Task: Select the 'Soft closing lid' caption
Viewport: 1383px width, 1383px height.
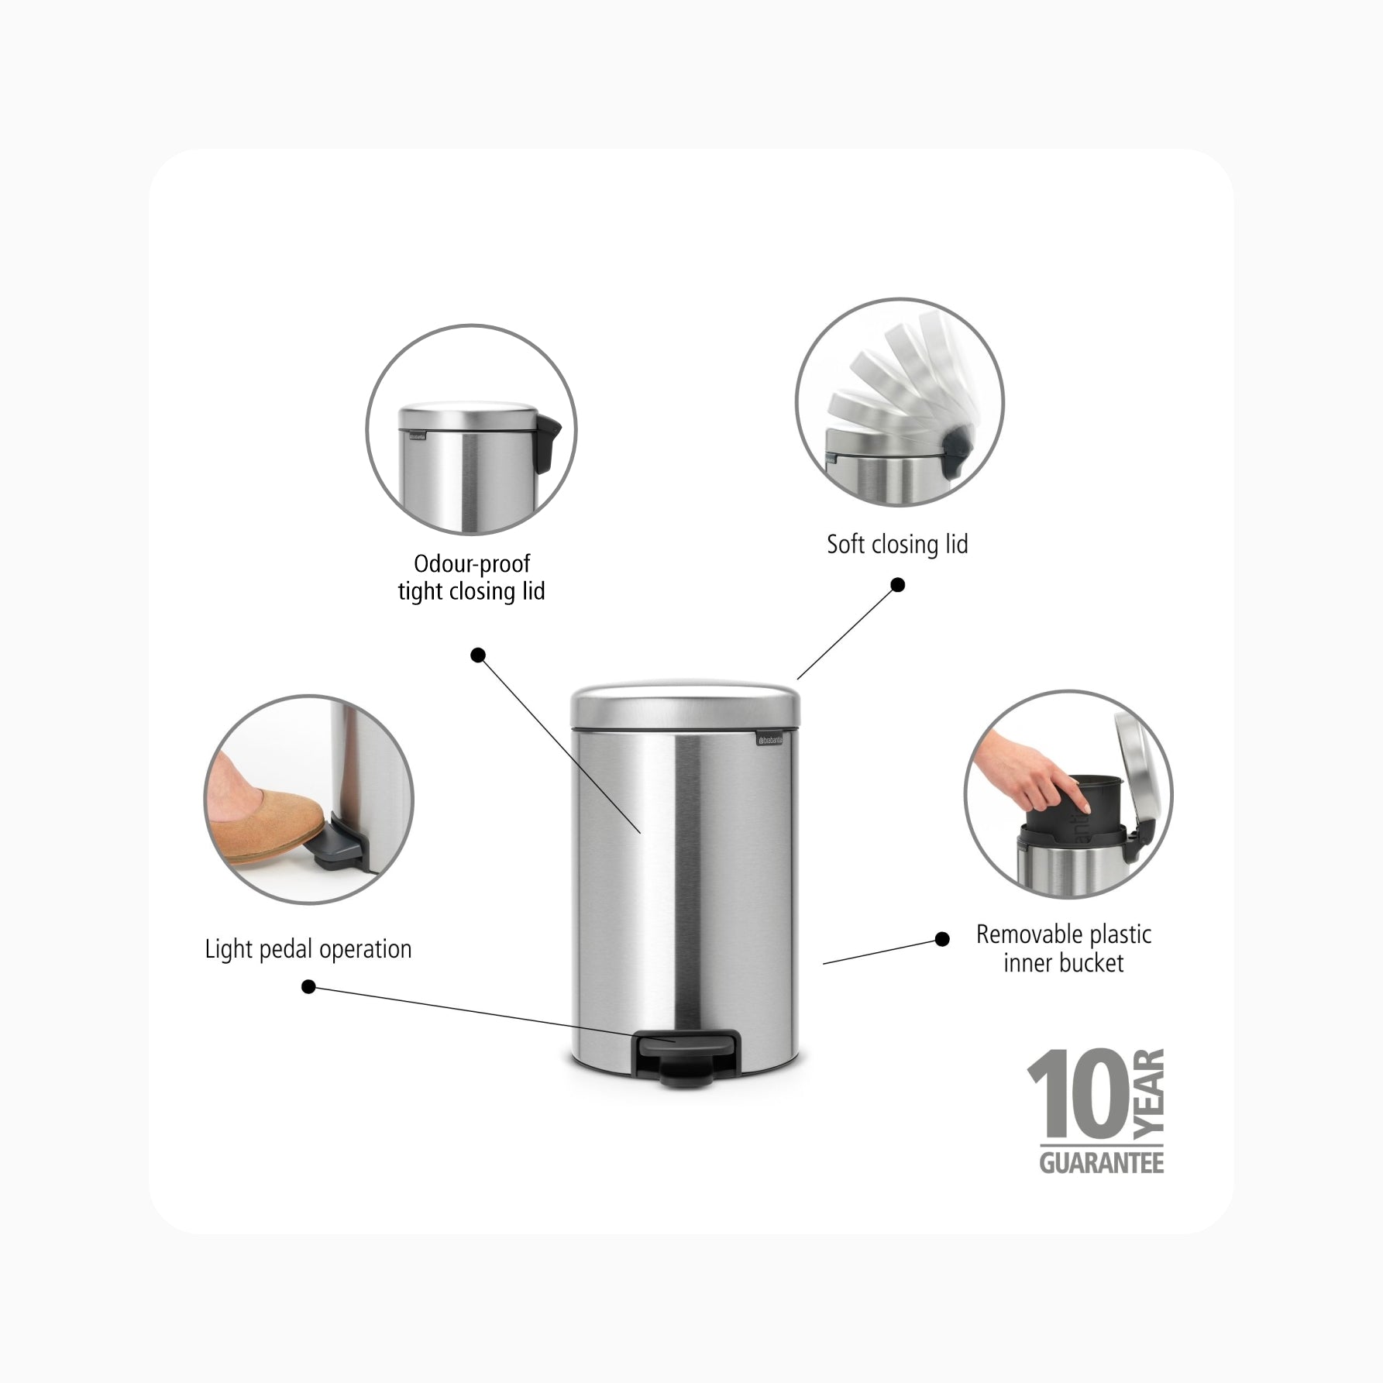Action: [897, 544]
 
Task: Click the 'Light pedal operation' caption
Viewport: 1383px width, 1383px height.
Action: [308, 949]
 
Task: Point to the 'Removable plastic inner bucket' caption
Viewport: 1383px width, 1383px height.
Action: [1064, 948]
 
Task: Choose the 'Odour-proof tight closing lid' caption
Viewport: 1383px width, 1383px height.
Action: [471, 577]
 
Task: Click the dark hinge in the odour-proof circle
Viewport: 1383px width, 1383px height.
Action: [554, 442]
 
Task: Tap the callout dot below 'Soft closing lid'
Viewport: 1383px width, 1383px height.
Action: [898, 584]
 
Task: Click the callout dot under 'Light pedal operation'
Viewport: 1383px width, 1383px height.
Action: [308, 987]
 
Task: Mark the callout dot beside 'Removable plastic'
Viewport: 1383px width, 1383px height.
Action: [942, 939]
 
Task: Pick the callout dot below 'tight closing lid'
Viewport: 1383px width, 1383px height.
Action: [478, 655]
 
